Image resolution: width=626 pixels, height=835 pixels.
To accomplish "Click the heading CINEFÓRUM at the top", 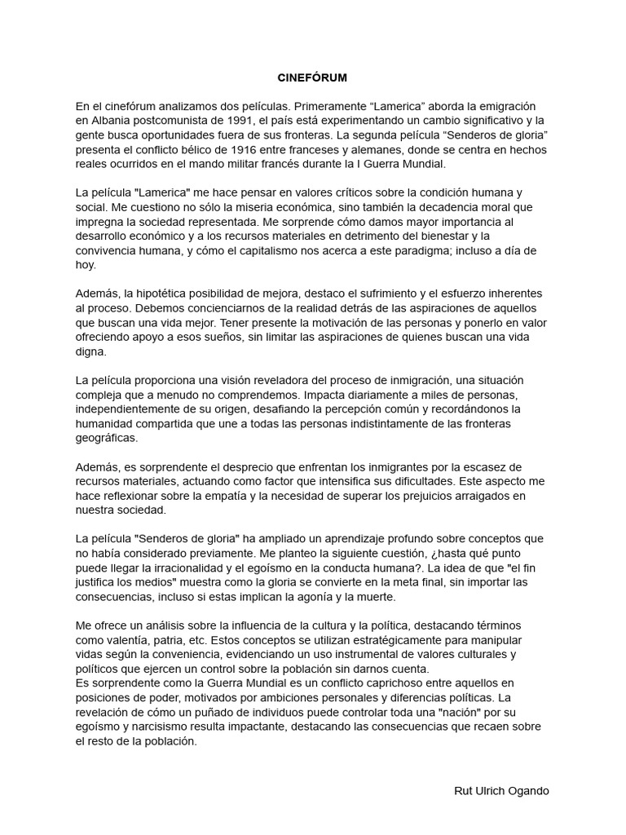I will pos(313,78).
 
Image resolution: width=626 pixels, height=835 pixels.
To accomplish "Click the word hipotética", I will pos(162,294).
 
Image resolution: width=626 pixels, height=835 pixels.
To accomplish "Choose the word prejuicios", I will pos(427,496).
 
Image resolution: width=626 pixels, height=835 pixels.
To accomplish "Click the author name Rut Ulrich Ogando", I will pos(501,791).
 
